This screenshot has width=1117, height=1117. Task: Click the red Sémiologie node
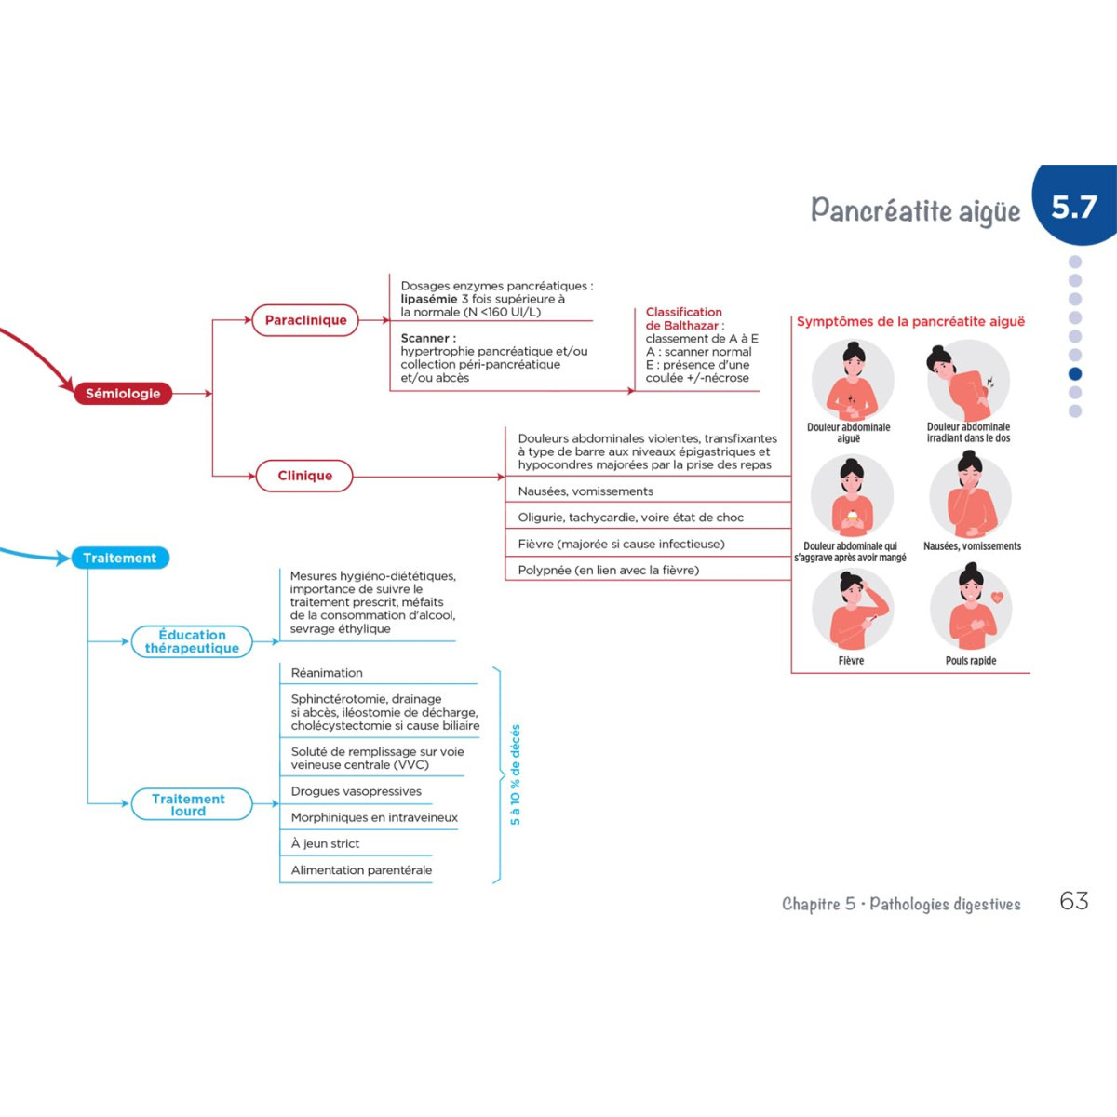[123, 394]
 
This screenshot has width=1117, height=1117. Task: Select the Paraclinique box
[305, 320]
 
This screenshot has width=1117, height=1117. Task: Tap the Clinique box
[304, 476]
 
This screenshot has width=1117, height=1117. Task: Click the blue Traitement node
[120, 558]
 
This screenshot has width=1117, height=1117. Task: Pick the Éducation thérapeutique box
[192, 641]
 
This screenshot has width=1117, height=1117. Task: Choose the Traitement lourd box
[189, 804]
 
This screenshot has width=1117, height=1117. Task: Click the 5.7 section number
[1074, 207]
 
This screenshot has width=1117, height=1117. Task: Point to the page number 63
[1074, 901]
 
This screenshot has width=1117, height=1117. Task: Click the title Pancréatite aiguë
[915, 210]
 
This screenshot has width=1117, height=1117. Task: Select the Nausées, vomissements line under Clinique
[585, 491]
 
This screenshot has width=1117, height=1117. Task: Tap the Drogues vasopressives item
[357, 791]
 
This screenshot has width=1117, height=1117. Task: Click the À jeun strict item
[325, 843]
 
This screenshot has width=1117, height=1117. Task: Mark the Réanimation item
[327, 673]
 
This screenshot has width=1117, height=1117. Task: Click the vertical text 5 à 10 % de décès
[516, 774]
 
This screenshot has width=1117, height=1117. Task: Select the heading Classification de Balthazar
[683, 318]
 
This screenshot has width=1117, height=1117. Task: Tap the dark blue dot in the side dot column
[1075, 373]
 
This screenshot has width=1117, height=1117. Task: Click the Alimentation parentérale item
[361, 870]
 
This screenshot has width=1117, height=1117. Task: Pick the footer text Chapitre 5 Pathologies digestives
[900, 904]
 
